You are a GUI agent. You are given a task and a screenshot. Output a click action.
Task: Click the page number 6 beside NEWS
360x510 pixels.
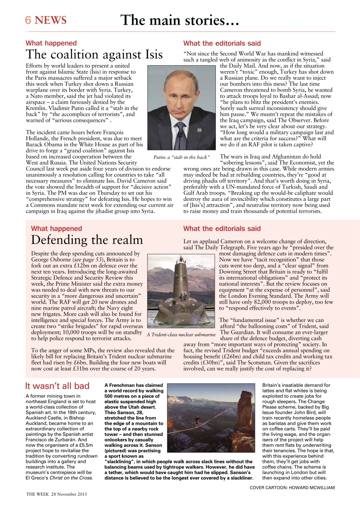point(28,20)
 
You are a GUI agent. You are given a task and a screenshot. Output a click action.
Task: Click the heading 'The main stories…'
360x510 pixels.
point(180,20)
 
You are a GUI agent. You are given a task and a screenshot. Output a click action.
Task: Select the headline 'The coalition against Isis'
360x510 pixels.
point(94,54)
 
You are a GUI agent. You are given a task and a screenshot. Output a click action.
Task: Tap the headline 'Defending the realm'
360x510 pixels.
point(87,240)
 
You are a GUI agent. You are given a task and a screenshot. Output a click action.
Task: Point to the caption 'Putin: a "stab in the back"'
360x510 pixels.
point(182,157)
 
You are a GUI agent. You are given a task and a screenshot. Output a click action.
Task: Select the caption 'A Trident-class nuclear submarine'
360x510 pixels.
point(181,334)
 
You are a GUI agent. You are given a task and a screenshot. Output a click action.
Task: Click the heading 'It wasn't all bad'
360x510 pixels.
point(57,386)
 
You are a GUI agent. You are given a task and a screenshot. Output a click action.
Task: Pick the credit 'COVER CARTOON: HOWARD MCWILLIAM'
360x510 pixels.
point(292,487)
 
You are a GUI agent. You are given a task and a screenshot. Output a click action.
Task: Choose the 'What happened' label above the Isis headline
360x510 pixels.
point(51,43)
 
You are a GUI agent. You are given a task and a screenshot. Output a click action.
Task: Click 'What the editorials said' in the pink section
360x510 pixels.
point(222,229)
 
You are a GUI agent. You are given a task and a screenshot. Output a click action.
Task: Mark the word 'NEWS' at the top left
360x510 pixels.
point(51,20)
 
